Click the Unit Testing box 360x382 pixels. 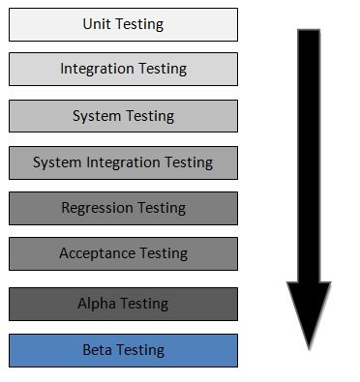tap(123, 24)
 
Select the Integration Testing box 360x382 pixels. tap(123, 70)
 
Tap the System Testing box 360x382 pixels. tap(123, 116)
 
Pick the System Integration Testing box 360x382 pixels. tap(123, 162)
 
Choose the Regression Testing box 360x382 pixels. tap(123, 208)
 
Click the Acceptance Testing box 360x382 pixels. tap(123, 253)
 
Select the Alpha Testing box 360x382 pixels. tap(123, 304)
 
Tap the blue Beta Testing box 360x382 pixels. tap(123, 350)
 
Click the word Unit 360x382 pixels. tap(97, 24)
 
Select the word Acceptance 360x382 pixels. tap(97, 253)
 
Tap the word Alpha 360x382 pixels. tap(95, 304)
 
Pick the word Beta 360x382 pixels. tap(97, 350)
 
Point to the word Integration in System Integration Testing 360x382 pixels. tap(119, 162)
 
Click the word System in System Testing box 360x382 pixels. tap(95, 116)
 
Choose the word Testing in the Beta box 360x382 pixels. tap(139, 350)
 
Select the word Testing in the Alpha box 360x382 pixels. tap(143, 304)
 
